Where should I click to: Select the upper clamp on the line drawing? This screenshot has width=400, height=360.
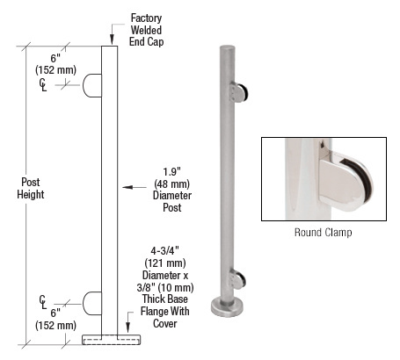point(92,85)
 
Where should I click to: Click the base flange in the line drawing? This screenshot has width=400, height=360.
point(110,339)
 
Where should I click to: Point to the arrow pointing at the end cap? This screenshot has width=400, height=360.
point(111,38)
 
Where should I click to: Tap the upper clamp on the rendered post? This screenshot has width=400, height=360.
point(237,91)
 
